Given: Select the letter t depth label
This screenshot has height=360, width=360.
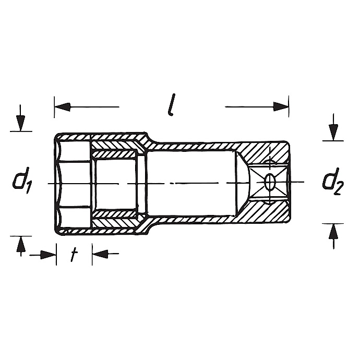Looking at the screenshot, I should [74, 254].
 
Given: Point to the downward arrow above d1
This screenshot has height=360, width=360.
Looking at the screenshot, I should [20, 123].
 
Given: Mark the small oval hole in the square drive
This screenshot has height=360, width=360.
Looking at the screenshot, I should [270, 182].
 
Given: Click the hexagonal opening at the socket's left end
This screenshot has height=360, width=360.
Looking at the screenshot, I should [73, 183].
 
